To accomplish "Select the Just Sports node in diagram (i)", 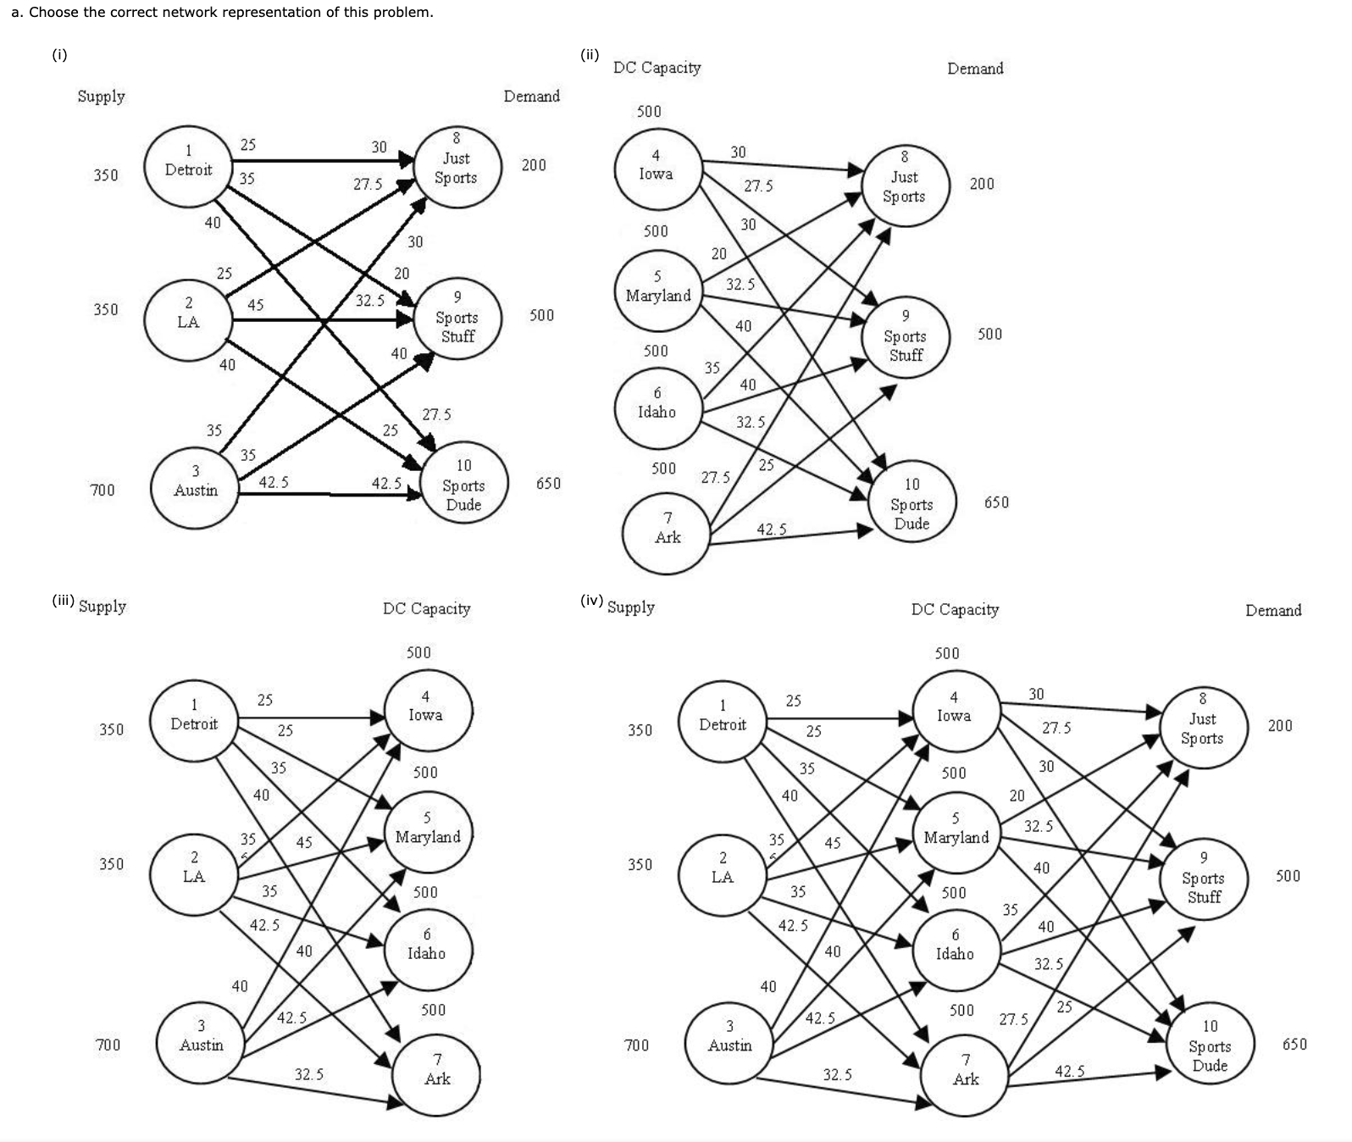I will [x=457, y=168].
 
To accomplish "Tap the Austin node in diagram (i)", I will [x=195, y=481].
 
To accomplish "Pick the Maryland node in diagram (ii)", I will [x=658, y=287].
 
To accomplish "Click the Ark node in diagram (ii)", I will [x=667, y=529].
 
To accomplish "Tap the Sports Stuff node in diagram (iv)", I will [x=1203, y=878].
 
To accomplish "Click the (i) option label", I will [x=59, y=55].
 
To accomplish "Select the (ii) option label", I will [x=590, y=55].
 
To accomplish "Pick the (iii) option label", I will [x=64, y=601].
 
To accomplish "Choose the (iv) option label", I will [x=591, y=601].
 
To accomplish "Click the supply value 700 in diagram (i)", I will [x=103, y=491].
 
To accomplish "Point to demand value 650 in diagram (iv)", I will [x=1294, y=1045].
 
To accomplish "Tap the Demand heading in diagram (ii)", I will [x=975, y=69].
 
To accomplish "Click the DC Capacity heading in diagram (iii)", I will [x=426, y=608].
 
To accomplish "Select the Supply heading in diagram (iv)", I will [x=631, y=607].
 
